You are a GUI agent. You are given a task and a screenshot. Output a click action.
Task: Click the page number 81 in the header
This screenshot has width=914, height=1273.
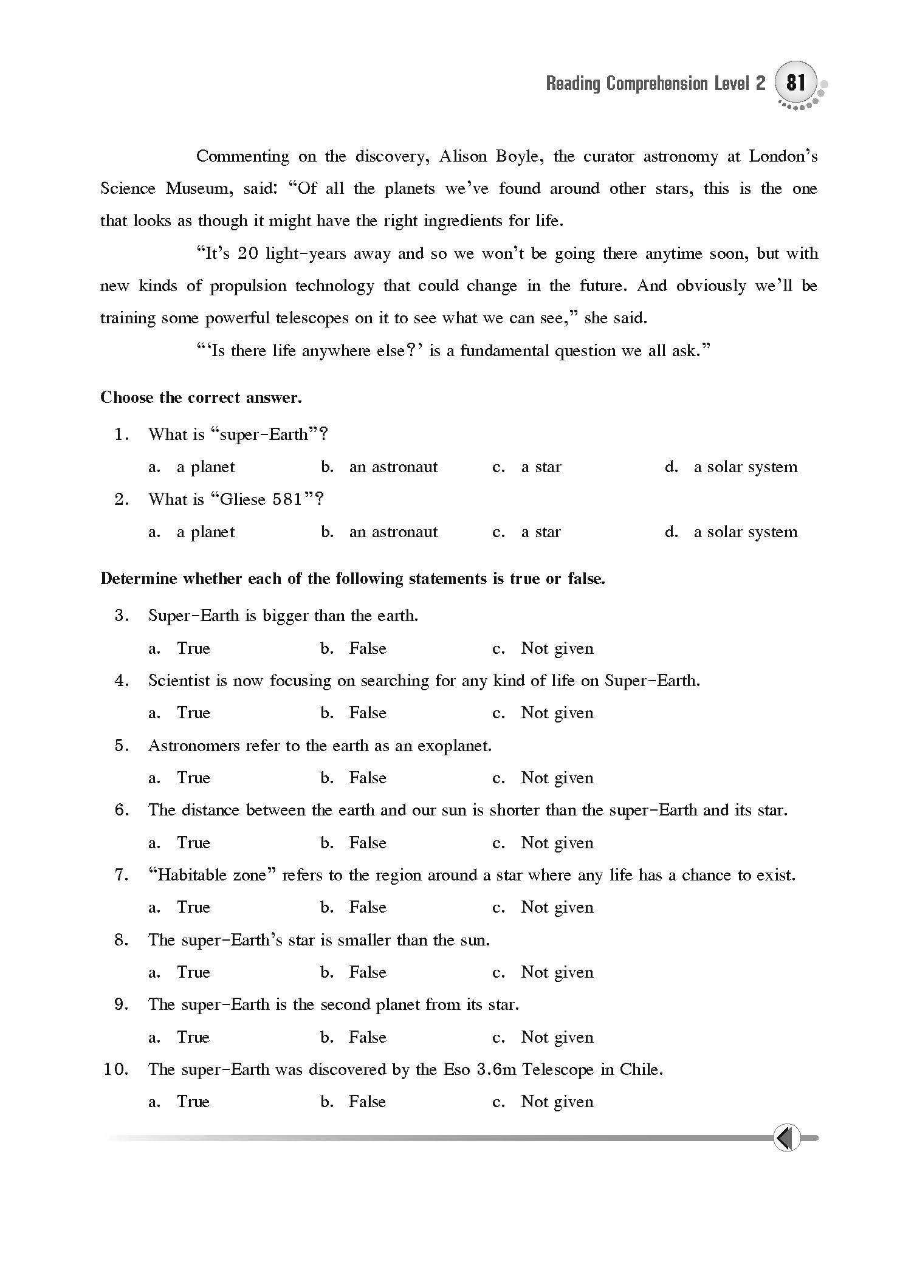[x=795, y=82]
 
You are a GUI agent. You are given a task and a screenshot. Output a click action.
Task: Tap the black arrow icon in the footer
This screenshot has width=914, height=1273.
[x=786, y=1137]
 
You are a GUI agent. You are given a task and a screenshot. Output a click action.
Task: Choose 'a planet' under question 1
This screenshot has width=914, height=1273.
[x=205, y=467]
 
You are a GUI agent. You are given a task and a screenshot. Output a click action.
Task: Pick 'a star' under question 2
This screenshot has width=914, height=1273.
[x=541, y=532]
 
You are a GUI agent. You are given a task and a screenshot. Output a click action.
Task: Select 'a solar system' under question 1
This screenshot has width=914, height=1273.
[x=745, y=467]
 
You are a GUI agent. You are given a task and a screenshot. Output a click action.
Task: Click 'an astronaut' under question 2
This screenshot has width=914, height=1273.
[x=393, y=532]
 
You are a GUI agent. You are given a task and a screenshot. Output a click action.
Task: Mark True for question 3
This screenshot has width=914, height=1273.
[x=193, y=648]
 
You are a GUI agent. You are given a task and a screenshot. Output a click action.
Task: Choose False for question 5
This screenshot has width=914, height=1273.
[x=368, y=778]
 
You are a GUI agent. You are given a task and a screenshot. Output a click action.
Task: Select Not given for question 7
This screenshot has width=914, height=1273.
[x=557, y=908]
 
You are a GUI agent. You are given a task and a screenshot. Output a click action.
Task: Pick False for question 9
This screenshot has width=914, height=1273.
[x=368, y=1037]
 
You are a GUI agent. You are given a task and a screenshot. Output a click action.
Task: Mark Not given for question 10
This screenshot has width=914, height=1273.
[x=557, y=1102]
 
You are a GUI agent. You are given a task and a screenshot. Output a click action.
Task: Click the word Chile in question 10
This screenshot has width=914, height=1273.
[x=641, y=1070]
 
